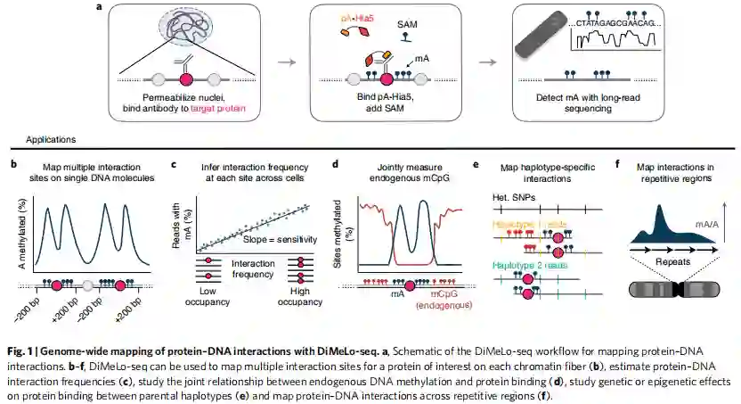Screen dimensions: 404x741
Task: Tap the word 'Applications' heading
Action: (52, 140)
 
